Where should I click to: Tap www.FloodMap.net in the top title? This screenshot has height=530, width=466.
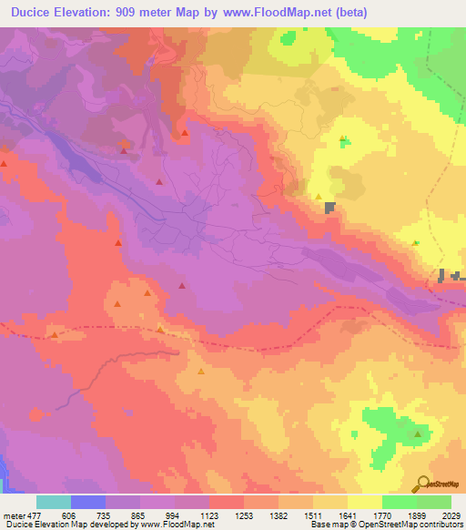coord(282,11)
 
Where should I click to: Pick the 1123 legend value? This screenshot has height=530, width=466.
coord(209,515)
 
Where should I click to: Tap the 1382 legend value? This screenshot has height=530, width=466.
coord(279,515)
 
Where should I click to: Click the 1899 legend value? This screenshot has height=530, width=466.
coord(417,515)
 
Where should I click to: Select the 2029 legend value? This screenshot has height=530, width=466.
coord(449,515)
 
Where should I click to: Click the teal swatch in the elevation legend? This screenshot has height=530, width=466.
coord(54,502)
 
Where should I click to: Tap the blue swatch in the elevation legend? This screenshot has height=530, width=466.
coord(88,502)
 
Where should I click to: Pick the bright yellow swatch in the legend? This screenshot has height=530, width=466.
coord(364,502)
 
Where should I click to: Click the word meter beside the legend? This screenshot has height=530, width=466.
coord(13,515)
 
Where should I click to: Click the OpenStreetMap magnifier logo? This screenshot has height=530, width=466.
coord(423,484)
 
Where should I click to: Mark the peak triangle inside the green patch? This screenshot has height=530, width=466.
coord(417,433)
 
